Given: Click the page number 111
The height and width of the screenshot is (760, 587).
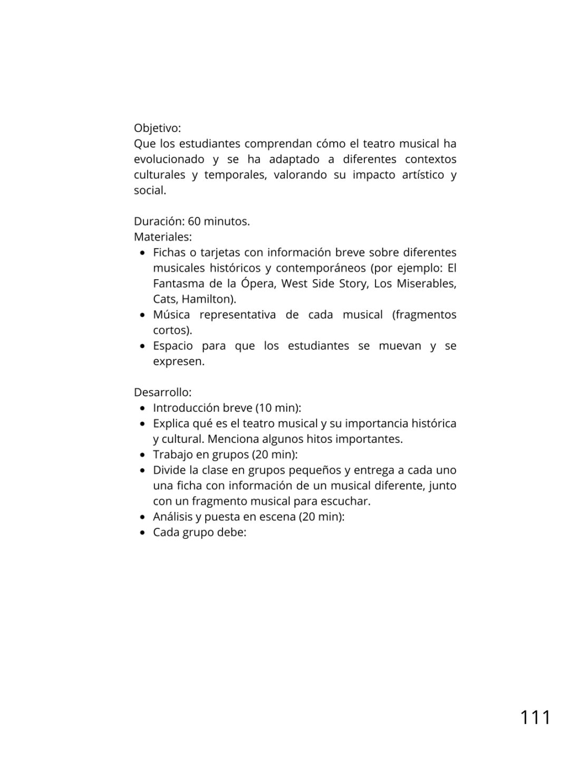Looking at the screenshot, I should pyautogui.click(x=535, y=718).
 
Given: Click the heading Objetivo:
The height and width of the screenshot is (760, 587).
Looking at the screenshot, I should pyautogui.click(x=157, y=128).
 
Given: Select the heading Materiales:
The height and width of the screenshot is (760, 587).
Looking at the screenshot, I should pyautogui.click(x=162, y=237).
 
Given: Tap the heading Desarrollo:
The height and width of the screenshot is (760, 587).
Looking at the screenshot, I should pyautogui.click(x=162, y=393).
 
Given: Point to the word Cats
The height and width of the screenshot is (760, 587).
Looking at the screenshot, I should pyautogui.click(x=165, y=299).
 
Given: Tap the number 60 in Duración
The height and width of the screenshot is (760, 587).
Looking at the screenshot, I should pyautogui.click(x=194, y=222).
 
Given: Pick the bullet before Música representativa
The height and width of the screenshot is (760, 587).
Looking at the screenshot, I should pyautogui.click(x=142, y=316).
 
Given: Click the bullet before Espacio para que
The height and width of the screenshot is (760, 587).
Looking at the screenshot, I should pyautogui.click(x=142, y=347).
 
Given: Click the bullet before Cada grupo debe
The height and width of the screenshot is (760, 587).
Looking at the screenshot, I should pyautogui.click(x=142, y=533).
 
